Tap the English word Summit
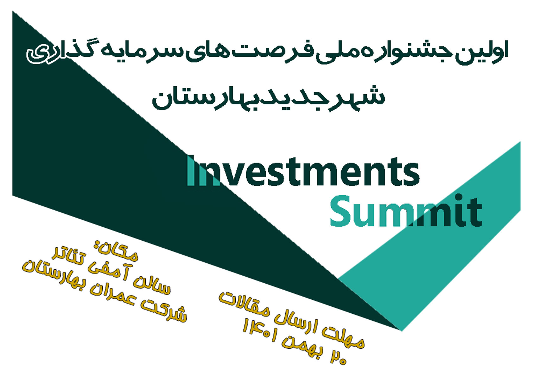click(x=406, y=210)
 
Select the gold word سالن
click(x=150, y=283)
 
